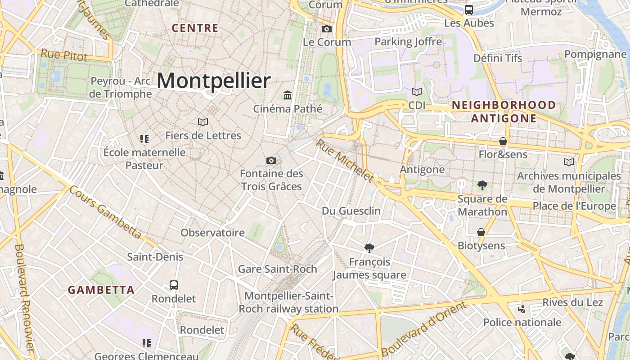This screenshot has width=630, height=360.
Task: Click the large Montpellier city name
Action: (x=214, y=81)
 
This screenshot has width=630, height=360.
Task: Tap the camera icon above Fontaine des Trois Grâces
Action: (x=271, y=160)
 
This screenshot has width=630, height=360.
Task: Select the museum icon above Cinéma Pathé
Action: (x=288, y=95)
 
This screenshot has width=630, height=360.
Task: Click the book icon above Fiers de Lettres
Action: (x=203, y=122)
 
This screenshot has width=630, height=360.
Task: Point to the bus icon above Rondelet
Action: (x=174, y=285)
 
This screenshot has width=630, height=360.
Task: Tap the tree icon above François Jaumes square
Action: (x=369, y=248)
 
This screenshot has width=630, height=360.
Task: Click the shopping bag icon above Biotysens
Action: (x=481, y=232)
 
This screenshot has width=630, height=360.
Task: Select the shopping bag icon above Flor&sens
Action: (x=503, y=141)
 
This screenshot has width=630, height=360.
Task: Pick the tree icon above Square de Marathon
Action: (x=482, y=185)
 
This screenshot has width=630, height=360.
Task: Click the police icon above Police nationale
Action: (x=522, y=309)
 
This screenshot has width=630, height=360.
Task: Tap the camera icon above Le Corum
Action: (x=327, y=29)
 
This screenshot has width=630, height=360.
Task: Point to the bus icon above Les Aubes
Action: (x=469, y=9)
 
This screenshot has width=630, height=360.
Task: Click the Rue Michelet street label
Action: (x=345, y=161)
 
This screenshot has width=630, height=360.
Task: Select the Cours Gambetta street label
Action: (x=106, y=214)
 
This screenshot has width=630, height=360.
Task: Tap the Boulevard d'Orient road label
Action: (x=423, y=328)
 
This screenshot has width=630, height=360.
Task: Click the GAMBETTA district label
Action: (x=101, y=290)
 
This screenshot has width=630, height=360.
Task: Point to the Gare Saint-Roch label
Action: (x=277, y=269)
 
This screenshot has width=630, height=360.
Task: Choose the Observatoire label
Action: (x=212, y=233)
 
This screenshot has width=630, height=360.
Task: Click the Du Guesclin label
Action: (x=351, y=211)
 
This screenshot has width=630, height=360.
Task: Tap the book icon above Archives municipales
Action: (x=569, y=162)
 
